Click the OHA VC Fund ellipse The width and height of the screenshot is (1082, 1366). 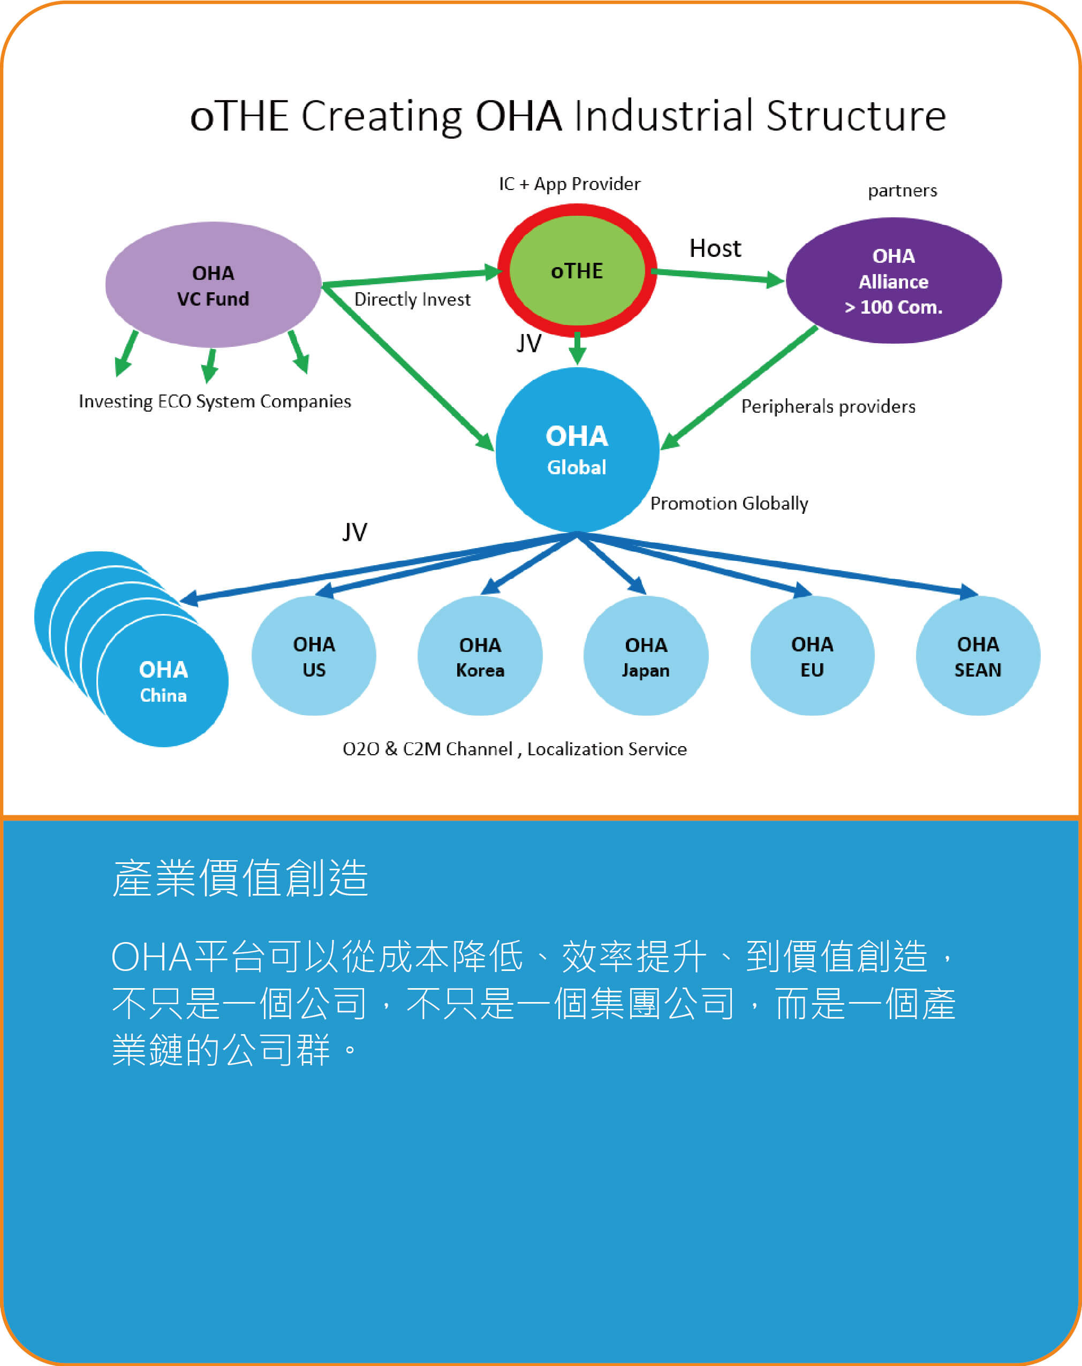[x=213, y=285]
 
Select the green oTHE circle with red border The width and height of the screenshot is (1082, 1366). [x=577, y=270]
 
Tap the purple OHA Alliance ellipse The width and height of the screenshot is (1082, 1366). [x=893, y=281]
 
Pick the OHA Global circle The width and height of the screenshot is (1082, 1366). [x=577, y=450]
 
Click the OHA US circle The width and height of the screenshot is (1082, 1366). [x=314, y=656]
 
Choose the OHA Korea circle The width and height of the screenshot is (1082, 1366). [x=480, y=657]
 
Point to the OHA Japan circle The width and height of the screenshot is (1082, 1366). [x=646, y=657]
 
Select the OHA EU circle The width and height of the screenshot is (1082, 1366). [x=812, y=656]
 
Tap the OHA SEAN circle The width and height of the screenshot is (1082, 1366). [x=978, y=656]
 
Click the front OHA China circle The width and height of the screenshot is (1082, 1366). [x=163, y=681]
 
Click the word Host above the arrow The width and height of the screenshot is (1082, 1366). [x=715, y=248]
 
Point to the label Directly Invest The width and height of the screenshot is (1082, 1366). [x=412, y=300]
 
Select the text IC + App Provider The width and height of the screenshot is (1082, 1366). [x=570, y=184]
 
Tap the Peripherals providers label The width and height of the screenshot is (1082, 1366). [x=828, y=407]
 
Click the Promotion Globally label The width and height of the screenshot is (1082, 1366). [x=729, y=504]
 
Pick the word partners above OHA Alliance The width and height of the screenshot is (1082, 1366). [x=902, y=191]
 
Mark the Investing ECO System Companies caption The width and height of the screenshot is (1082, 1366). [x=215, y=401]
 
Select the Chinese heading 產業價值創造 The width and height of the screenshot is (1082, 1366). [x=240, y=878]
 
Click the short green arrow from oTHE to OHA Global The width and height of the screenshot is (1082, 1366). [x=577, y=349]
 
